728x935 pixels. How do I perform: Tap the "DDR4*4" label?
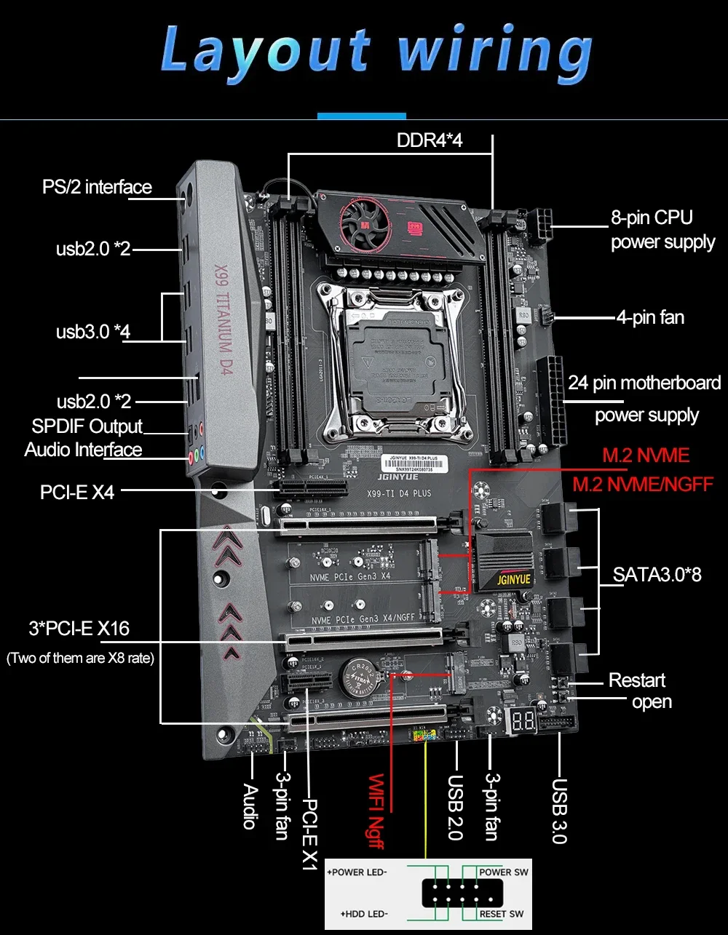tap(430, 140)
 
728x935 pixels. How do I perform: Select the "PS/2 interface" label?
tap(97, 187)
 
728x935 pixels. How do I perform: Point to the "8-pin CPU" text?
tap(651, 217)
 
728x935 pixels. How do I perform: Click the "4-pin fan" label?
tap(650, 317)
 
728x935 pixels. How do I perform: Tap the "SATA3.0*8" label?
tap(657, 574)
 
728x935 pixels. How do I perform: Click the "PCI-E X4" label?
tap(77, 492)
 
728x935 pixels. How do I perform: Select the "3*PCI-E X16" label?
tap(79, 627)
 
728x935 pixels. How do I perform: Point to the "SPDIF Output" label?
tap(87, 426)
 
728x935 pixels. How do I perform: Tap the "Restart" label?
tap(636, 680)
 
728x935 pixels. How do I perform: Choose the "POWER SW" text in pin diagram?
tap(504, 872)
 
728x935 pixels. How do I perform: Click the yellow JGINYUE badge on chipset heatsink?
tap(514, 579)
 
